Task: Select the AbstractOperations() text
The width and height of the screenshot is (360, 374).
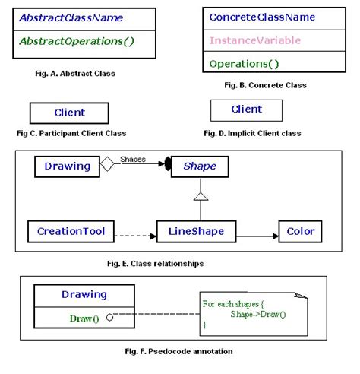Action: pos(76,40)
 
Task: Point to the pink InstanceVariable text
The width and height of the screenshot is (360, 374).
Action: pos(254,40)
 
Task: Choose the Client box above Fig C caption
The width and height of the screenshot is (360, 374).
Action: pos(69,113)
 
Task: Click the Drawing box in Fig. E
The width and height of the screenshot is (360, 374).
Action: pos(67,166)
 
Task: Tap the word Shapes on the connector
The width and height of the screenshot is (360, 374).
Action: pos(133,160)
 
